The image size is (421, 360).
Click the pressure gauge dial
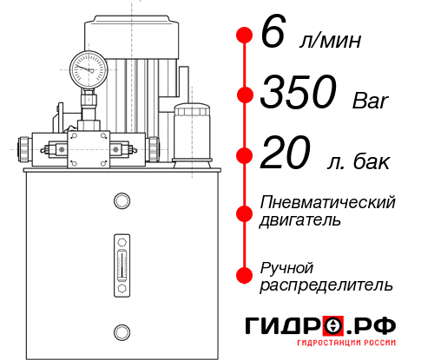88,67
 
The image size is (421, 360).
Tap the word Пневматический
328,202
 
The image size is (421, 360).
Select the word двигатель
300,220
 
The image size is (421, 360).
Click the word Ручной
287,266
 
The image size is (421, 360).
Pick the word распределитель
326,285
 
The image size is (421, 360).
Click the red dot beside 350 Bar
244,95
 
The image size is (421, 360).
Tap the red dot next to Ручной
244,275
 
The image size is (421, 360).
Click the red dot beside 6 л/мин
244,36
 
